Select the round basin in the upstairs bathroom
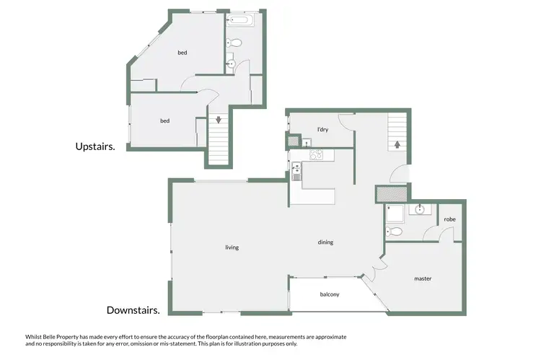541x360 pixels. coord(231,63)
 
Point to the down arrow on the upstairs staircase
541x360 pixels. coord(219,120)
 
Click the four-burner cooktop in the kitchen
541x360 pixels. coord(316,154)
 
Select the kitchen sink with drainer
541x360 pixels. coord(296,171)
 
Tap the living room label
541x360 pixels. coord(232,247)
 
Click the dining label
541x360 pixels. coord(325,242)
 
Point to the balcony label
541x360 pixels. coord(329,294)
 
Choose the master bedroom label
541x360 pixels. coord(423,278)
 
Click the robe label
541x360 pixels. coord(449,219)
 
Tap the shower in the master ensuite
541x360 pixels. coord(395,213)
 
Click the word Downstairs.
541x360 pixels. coord(133,311)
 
